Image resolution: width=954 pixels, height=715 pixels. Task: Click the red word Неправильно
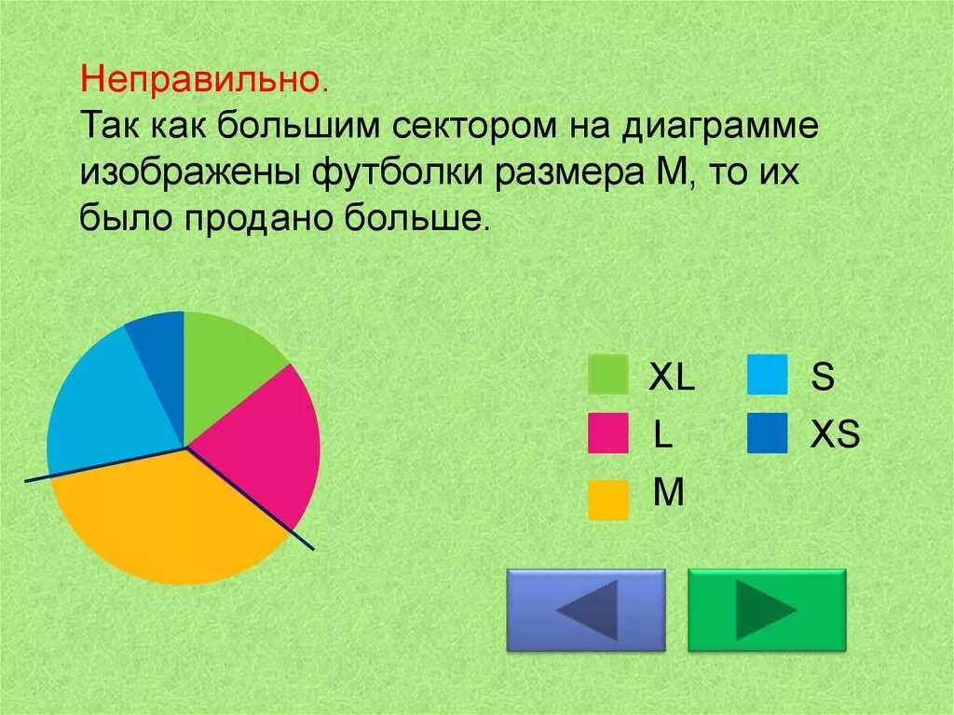(204, 80)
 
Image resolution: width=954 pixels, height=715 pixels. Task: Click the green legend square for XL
(608, 375)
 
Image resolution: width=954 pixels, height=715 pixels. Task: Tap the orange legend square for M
(608, 499)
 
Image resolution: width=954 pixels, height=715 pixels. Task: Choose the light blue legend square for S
(767, 375)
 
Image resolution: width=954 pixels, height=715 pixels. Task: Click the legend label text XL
(671, 378)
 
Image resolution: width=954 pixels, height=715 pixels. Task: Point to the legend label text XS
(834, 435)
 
